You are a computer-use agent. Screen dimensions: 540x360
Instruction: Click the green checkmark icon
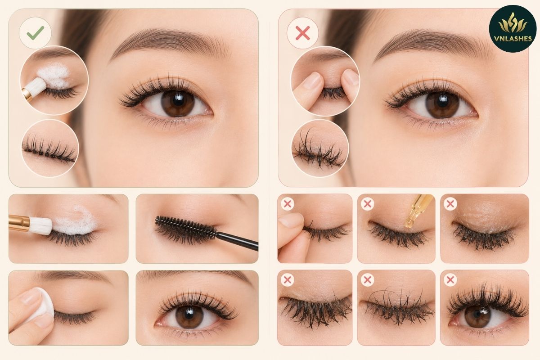click(x=36, y=33)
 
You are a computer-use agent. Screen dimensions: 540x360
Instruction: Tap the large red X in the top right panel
click(x=302, y=33)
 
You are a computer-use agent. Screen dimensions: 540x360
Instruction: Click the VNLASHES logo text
click(x=512, y=39)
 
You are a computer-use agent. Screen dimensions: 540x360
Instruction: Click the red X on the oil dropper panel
click(x=367, y=204)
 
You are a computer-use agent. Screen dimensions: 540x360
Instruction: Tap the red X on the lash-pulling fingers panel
click(x=288, y=204)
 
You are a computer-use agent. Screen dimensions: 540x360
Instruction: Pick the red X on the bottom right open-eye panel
click(x=450, y=280)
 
